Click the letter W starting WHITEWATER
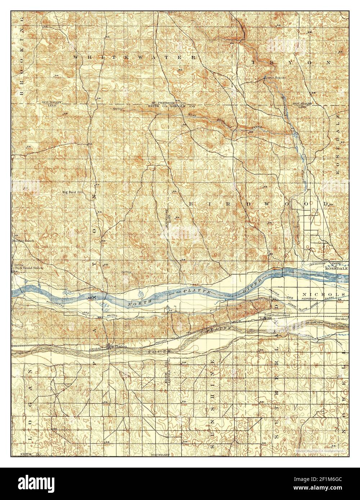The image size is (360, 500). point(76,57)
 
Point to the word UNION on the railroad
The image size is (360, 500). point(95,349)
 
